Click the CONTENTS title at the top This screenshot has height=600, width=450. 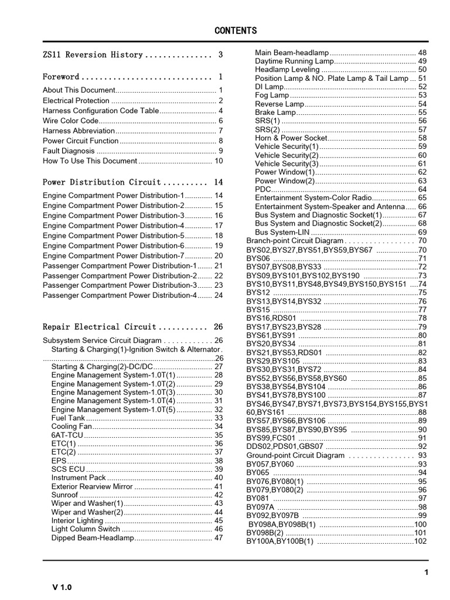click(x=235, y=30)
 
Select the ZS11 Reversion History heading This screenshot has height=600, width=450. click(x=93, y=55)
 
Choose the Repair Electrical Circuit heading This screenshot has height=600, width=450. click(x=100, y=327)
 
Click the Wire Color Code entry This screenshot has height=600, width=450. click(x=70, y=121)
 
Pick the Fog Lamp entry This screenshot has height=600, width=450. click(x=272, y=95)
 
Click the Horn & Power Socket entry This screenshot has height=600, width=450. click(x=291, y=138)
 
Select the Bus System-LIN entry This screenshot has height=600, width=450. click(x=281, y=232)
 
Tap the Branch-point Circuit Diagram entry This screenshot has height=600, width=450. click(x=295, y=241)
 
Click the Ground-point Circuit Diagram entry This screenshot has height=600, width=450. click(x=296, y=455)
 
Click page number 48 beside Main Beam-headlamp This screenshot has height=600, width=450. click(x=422, y=53)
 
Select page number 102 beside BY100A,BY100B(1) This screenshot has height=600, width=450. click(x=420, y=541)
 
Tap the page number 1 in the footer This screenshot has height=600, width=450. click(x=426, y=572)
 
